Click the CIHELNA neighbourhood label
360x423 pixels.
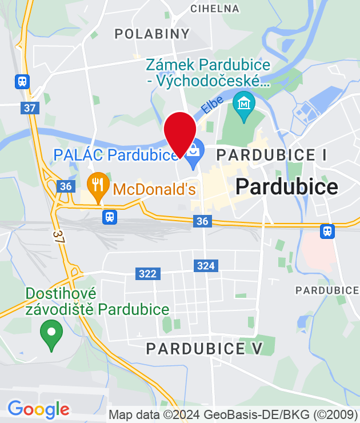pos(214,9)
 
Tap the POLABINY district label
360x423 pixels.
pos(152,34)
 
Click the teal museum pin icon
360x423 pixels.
pos(244,105)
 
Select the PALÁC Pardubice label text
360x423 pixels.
pos(117,155)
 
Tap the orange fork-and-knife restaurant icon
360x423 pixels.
pos(98,185)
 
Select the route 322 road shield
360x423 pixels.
pos(147,274)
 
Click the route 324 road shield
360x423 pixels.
pos(205,265)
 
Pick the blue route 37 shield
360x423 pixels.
pos(30,107)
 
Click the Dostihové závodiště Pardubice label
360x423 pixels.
pos(97,302)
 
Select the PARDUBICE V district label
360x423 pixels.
pos(204,348)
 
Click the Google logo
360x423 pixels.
pos(38,409)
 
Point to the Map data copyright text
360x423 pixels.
pos(234,414)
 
